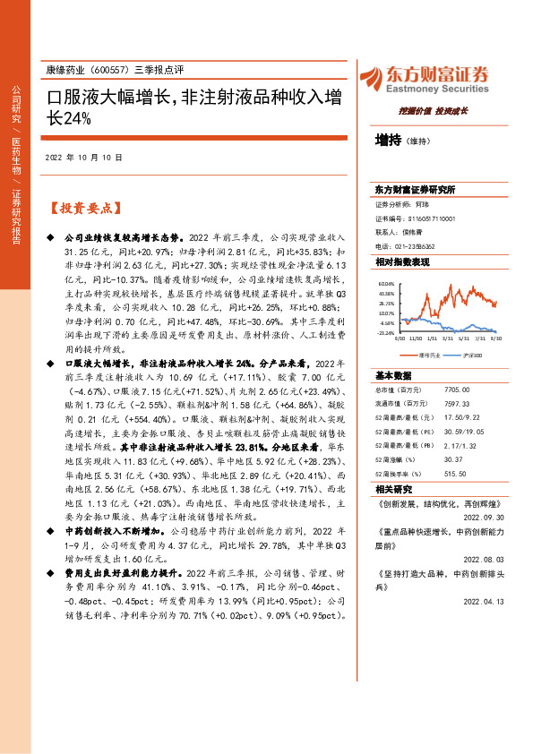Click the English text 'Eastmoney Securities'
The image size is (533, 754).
tap(438, 89)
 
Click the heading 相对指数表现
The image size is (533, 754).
tap(402, 261)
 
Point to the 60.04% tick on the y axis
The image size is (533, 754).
tap(386, 282)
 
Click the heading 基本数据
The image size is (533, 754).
tap(393, 349)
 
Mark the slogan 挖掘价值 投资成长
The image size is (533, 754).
tap(434, 110)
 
